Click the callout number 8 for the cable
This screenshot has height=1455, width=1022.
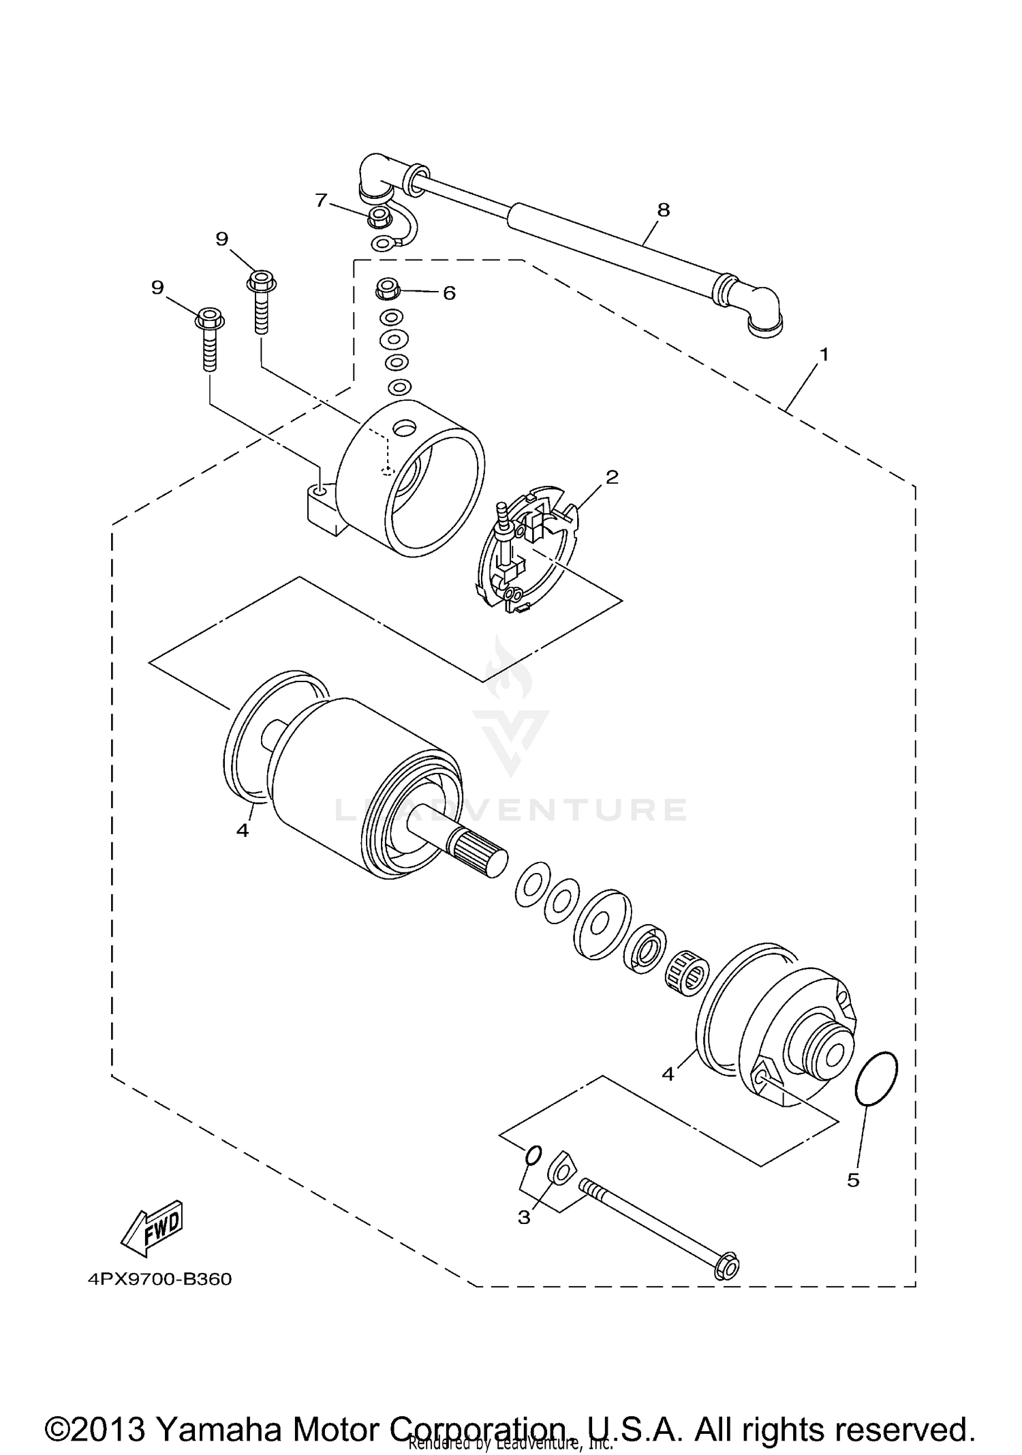(x=663, y=211)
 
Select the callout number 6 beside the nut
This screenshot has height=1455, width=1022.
(x=449, y=293)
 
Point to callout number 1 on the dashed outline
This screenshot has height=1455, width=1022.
(x=824, y=355)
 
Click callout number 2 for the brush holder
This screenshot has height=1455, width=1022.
(x=612, y=477)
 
